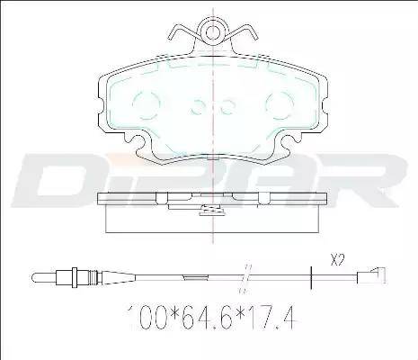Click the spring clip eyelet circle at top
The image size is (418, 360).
212,32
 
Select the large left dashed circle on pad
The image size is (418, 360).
146,104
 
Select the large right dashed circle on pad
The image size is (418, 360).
280,104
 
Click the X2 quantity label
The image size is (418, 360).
336,259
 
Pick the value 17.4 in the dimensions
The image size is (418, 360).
273,317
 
